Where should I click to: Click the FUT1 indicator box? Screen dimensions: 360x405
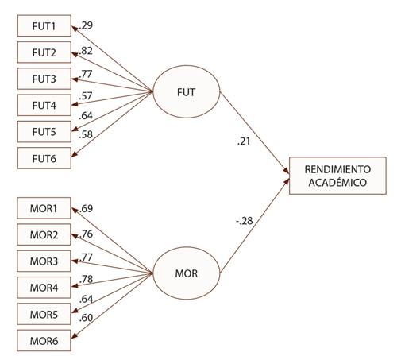[x=43, y=26]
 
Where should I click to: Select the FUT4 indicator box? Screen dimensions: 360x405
[x=43, y=105]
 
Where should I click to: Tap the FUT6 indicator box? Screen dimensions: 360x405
[x=43, y=157]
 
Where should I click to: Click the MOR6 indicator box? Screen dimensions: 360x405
[x=43, y=341]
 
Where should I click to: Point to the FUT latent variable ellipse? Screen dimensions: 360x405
[x=185, y=93]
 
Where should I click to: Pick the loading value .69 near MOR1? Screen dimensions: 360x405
[x=86, y=209]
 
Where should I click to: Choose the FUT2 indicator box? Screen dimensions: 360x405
[x=43, y=52]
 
